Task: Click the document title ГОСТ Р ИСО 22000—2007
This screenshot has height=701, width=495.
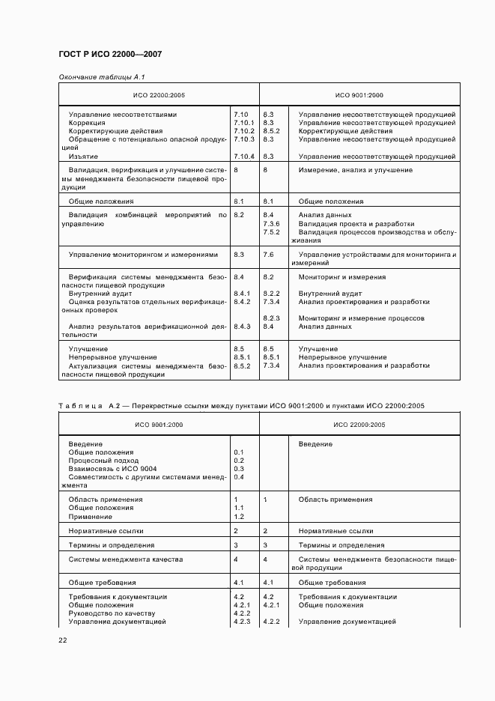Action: pos(110,55)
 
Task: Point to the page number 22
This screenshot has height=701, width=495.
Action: pos(63,640)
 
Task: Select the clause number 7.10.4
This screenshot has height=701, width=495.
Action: pos(244,156)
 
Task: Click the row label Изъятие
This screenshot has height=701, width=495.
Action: pos(82,156)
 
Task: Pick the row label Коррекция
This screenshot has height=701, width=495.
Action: pos(88,122)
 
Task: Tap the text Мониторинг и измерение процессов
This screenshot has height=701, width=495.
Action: pos(362,318)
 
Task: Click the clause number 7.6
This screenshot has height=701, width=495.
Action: pos(268,255)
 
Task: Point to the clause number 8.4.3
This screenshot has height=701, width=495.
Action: pos(242,327)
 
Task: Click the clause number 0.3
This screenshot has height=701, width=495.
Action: pos(239,469)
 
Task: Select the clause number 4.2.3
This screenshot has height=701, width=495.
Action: pos(241,622)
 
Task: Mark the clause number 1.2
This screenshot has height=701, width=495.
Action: pos(239,516)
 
